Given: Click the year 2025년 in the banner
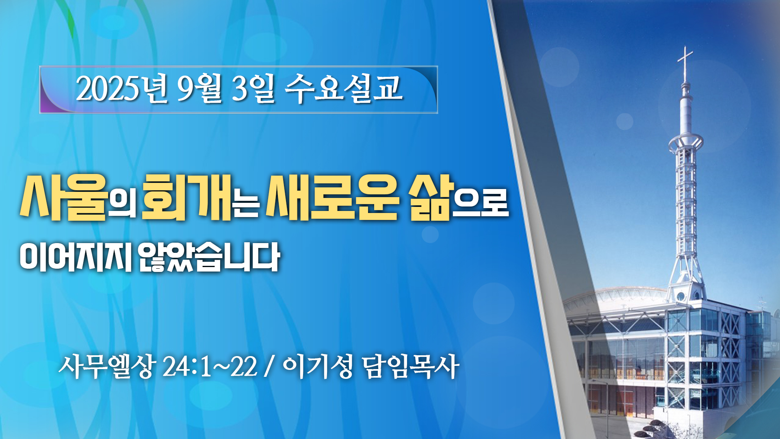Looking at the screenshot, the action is [x=121, y=89].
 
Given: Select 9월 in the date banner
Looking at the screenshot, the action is [x=199, y=89].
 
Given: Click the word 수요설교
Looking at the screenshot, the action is [x=344, y=89].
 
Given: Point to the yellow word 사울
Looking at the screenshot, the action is [x=63, y=198].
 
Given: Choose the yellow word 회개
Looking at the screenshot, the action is [x=186, y=198].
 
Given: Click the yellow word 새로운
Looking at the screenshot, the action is [x=331, y=198].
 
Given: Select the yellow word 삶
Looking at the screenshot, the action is [x=430, y=198].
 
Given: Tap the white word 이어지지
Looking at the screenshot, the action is [x=76, y=257].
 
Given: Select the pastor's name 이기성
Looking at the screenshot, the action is [x=317, y=367].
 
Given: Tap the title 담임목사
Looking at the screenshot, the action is [x=410, y=367].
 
